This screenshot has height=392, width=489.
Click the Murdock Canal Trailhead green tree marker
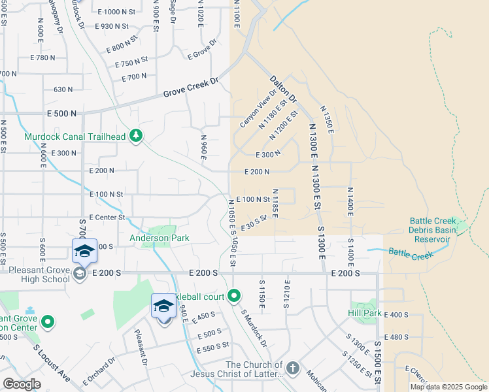pos(136,136)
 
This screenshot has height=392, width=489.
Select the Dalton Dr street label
pos(283,88)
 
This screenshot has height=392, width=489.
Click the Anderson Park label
pos(159,238)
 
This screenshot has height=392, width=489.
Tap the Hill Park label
pos(365,314)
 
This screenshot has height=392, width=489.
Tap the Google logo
pos(22,384)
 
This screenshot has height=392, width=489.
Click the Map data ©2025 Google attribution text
pos(448,387)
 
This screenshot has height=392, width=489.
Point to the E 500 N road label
pos(61,113)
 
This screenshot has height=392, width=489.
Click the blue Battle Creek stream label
pos(407,252)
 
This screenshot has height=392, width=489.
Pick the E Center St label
pos(107,217)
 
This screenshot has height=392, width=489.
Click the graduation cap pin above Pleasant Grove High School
pos(84,251)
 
